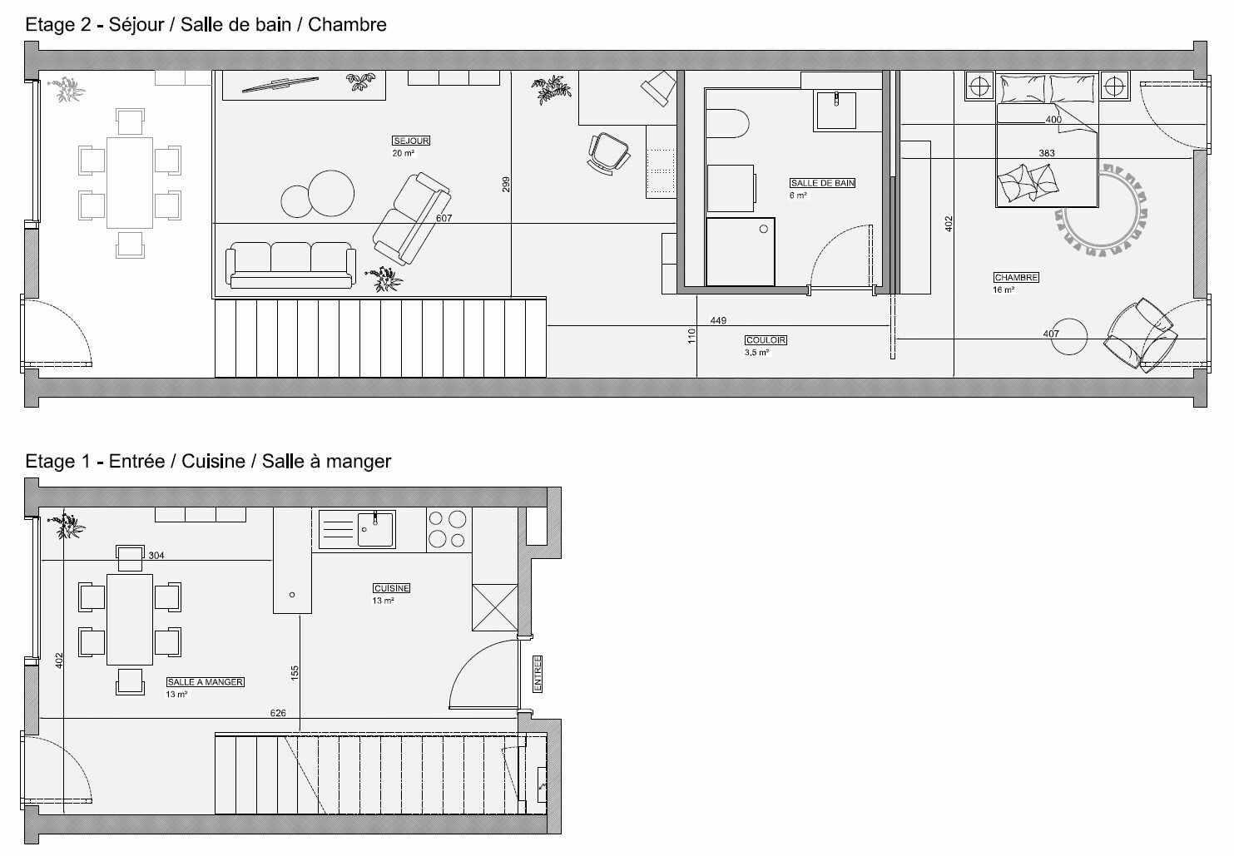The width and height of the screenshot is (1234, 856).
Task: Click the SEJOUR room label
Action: point(411,141)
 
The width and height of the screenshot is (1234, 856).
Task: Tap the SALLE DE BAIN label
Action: point(822,183)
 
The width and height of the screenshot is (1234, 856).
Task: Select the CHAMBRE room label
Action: point(1016,278)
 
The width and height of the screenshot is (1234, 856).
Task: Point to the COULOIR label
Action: point(766,340)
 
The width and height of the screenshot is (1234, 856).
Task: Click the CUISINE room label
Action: point(391,588)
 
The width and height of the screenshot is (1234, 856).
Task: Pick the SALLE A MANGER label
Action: point(205,682)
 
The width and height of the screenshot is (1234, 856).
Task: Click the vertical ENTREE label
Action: point(538,674)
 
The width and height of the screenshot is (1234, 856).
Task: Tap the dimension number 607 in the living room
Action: point(444,219)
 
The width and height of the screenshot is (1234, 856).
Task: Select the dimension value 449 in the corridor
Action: point(718,320)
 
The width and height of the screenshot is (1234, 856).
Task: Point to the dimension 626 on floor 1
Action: point(278,713)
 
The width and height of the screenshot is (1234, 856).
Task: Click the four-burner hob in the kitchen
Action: point(448,530)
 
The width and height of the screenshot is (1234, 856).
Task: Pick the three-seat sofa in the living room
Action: point(290,265)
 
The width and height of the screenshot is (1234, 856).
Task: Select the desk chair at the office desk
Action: point(609,154)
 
